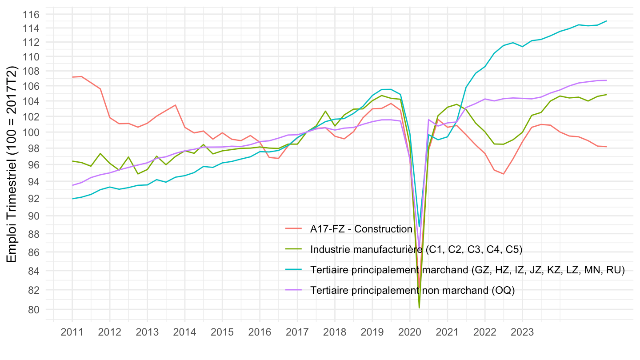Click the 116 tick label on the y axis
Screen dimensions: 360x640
coord(33,15)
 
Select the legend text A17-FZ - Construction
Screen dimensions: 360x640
coord(361,229)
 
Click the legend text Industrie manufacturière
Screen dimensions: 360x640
coord(416,250)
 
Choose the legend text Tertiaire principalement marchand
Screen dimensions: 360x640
coord(468,270)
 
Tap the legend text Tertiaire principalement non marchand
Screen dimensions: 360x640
coord(412,290)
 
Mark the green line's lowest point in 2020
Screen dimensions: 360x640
coord(419,308)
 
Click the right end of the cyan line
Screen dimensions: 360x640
coord(607,21)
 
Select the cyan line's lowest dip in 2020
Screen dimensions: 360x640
coord(419,227)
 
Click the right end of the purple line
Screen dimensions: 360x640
coord(607,80)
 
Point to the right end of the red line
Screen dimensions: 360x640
coord(607,147)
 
